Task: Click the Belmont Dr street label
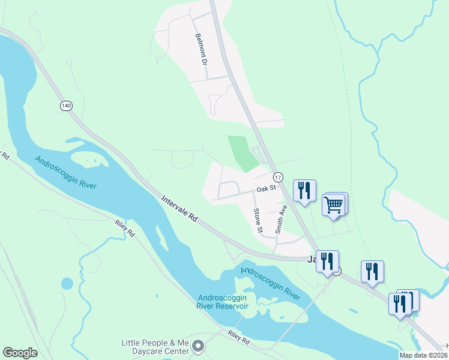click(x=200, y=50)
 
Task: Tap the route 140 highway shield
click(x=66, y=106)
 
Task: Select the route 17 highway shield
click(x=278, y=178)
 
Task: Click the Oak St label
click(x=265, y=188)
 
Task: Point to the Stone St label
click(x=258, y=220)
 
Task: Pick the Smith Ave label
click(x=281, y=219)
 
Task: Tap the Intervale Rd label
click(x=179, y=208)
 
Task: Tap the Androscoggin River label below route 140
click(x=65, y=172)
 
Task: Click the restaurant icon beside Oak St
click(x=304, y=191)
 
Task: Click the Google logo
click(x=20, y=352)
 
